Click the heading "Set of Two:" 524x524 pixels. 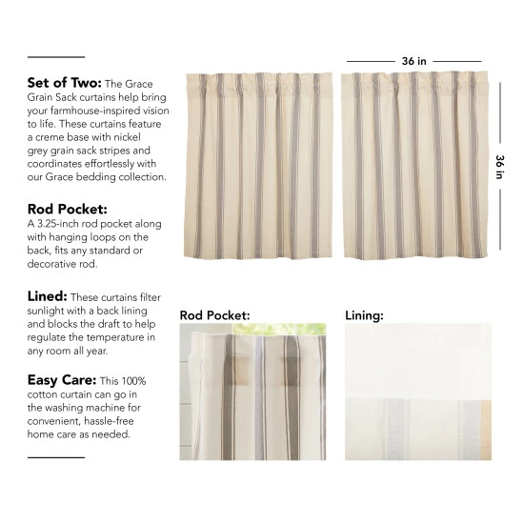click(65, 83)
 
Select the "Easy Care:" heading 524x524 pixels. click(63, 379)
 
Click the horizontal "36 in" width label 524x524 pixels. click(413, 61)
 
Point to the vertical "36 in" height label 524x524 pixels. click(499, 167)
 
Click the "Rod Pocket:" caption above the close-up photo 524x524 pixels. click(214, 313)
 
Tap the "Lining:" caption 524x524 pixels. click(364, 313)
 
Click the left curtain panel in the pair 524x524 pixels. click(258, 167)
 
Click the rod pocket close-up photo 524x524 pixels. click(252, 392)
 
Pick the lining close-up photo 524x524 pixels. click(417, 392)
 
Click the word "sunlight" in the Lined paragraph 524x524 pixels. click(50, 311)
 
